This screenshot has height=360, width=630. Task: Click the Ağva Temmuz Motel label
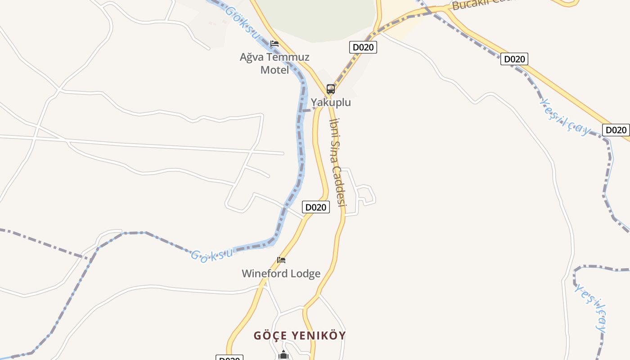tap(274, 63)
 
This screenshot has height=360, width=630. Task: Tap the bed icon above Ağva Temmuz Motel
tap(274, 44)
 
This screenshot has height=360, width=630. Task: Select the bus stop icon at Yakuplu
tap(331, 89)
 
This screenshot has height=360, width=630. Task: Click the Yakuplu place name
tap(331, 103)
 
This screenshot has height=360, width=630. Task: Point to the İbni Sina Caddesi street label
tap(337, 162)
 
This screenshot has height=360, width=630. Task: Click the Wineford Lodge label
tap(281, 274)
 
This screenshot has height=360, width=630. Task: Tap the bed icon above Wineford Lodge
tap(281, 260)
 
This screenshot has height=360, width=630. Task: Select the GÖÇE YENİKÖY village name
tap(300, 336)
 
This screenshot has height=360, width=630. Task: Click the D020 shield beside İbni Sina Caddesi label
tap(315, 207)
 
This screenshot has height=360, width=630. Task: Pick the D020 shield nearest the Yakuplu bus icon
tap(363, 47)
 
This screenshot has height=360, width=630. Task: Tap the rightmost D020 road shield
tap(616, 130)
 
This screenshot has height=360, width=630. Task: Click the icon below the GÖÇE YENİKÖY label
tap(283, 355)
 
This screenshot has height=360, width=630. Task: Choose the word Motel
tap(274, 70)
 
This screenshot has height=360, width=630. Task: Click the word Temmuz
tap(289, 57)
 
